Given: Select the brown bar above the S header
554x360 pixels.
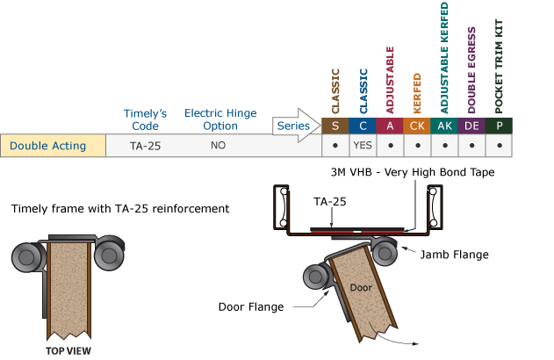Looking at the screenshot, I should point(335,91).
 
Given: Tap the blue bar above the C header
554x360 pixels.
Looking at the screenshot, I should point(363,91).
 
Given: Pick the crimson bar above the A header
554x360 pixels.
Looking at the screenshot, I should point(390,81).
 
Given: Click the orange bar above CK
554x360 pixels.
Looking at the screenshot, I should point(417,94).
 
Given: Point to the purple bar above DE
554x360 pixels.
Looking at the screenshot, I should point(471,70).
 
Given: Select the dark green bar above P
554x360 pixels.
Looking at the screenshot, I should point(499,67).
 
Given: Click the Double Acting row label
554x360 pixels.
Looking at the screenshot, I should point(48,146).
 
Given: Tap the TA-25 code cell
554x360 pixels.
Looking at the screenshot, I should point(145,146).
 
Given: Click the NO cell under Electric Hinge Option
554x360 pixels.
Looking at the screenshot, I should point(218,146).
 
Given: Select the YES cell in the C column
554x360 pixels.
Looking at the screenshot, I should point(363,146).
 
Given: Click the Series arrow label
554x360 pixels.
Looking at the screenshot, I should point(293,126).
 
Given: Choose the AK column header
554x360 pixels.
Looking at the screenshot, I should point(444,126).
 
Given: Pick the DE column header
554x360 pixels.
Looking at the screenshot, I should point(471,126).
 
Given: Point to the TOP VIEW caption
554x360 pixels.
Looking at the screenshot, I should point(68,349).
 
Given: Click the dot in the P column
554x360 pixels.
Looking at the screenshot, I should point(499,146).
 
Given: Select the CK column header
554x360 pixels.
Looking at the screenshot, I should point(417,126).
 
